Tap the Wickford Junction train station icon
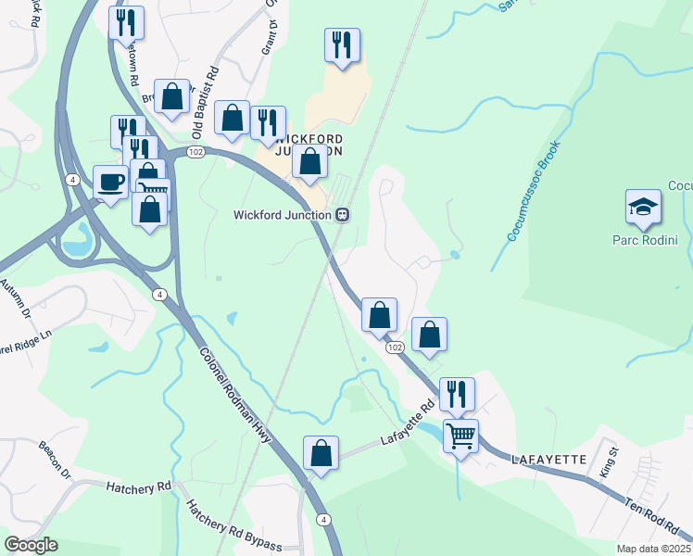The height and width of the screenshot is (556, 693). [x=342, y=215]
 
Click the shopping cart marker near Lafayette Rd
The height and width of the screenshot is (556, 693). [x=460, y=434]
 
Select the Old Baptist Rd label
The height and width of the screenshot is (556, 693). [x=204, y=97]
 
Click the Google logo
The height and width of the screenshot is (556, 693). [x=31, y=545]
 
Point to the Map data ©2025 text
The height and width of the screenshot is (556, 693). [x=653, y=549]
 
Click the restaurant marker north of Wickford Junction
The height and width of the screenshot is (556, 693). [x=342, y=45]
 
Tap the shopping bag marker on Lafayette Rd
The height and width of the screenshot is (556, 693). [x=321, y=454]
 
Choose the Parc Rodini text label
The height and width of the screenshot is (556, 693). [x=644, y=241]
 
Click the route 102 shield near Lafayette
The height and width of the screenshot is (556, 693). [x=396, y=347]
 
